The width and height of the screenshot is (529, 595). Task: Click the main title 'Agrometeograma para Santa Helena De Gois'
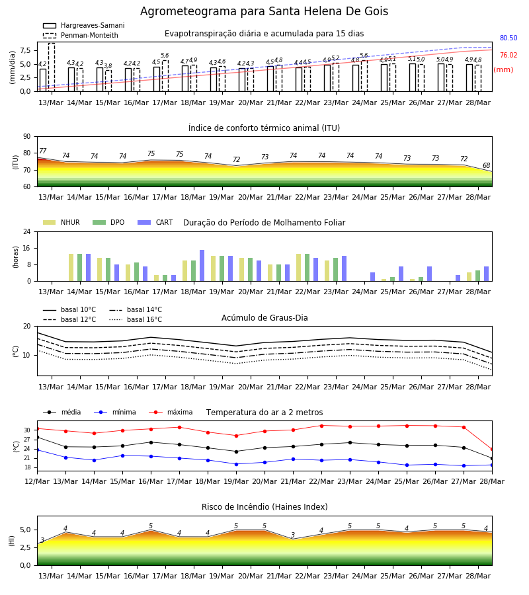pyautogui.click(x=264, y=11)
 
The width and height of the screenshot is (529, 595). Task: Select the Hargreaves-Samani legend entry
pyautogui.click(x=83, y=25)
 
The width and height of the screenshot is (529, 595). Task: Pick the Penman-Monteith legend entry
pyautogui.click(x=81, y=35)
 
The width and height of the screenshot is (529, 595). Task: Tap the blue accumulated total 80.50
pyautogui.click(x=509, y=38)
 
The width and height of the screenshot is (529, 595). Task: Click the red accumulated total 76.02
pyautogui.click(x=509, y=55)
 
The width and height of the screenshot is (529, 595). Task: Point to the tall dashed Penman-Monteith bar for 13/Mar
pyautogui.click(x=52, y=67)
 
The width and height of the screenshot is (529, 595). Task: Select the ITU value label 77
pyautogui.click(x=42, y=151)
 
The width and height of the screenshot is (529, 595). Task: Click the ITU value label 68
pyautogui.click(x=486, y=165)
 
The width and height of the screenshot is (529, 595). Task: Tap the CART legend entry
pyautogui.click(x=155, y=222)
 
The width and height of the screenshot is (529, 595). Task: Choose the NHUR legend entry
pyautogui.click(x=61, y=222)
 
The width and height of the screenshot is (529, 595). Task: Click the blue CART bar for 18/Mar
pyautogui.click(x=202, y=266)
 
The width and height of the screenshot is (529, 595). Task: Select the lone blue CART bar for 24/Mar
pyautogui.click(x=373, y=276)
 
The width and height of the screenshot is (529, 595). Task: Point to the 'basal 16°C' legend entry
pyautogui.click(x=136, y=319)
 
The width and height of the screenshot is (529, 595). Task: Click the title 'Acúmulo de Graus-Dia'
pyautogui.click(x=264, y=317)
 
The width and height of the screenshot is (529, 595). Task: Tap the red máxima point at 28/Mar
pyautogui.click(x=492, y=450)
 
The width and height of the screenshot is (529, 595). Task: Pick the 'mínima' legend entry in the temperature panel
pyautogui.click(x=115, y=412)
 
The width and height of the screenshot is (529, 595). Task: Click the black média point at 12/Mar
pyautogui.click(x=37, y=438)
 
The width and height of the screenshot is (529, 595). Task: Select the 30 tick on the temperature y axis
pyautogui.click(x=27, y=430)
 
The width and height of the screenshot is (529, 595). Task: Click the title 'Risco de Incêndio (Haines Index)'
pyautogui.click(x=264, y=506)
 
